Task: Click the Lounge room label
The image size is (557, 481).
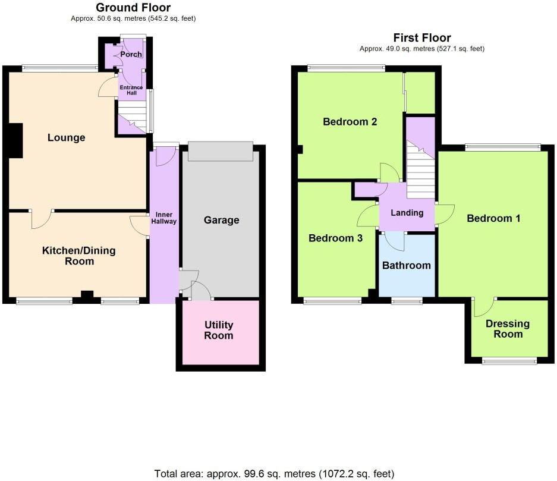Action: [x=67, y=138]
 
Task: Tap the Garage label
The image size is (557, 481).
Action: [x=221, y=220]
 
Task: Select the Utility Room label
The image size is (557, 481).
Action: [x=219, y=331]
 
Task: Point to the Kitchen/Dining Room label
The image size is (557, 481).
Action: [x=78, y=256]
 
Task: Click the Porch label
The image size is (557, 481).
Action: [x=131, y=54]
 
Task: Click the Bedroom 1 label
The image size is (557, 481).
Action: [x=493, y=218]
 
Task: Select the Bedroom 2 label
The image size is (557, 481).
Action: [x=350, y=122]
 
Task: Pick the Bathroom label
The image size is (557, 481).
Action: [x=406, y=265]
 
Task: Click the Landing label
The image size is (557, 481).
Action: [x=407, y=213]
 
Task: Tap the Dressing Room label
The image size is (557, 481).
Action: [x=507, y=329]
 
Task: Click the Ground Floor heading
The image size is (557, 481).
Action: [x=133, y=8]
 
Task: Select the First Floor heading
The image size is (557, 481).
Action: [x=422, y=38]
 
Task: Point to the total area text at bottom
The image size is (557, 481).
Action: [x=274, y=474]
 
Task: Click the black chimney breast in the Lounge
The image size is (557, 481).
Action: [x=15, y=141]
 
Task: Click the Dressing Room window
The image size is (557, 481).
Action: [x=508, y=360]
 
